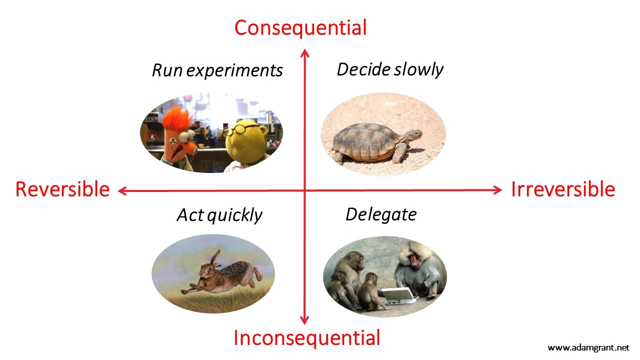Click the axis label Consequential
(x=300, y=27)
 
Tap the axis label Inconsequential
(x=306, y=338)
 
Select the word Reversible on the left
(x=62, y=189)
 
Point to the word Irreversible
(x=562, y=189)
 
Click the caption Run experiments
(x=217, y=70)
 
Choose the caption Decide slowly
(x=390, y=69)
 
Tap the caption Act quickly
(x=219, y=215)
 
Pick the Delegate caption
(x=381, y=214)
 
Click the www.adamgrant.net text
(x=588, y=347)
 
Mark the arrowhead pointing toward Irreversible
(x=497, y=189)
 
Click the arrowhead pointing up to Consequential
(x=305, y=52)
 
